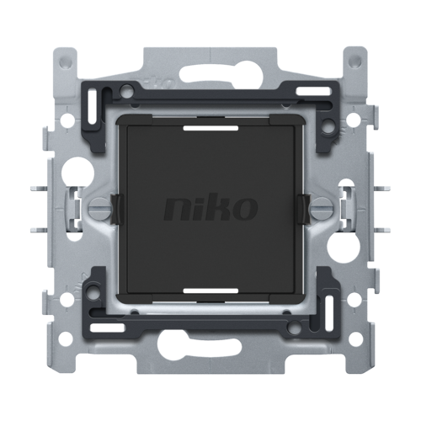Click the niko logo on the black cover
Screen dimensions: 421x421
tap(210, 208)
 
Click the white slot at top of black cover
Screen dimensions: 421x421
tap(210, 128)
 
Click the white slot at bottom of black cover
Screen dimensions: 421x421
tap(210, 290)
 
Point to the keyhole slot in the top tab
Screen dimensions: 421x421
tap(211, 73)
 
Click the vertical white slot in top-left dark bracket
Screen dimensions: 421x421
tap(92, 107)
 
